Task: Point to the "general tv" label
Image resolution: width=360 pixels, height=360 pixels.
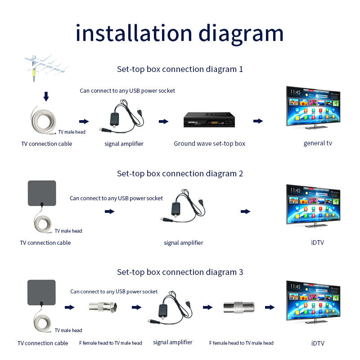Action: coord(318,143)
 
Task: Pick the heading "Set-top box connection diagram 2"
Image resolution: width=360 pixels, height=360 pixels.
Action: coord(180,173)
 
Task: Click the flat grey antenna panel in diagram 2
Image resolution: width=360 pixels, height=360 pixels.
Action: coord(42,193)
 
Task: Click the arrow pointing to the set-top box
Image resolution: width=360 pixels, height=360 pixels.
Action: coord(163,121)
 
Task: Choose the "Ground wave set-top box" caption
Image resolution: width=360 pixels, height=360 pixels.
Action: coord(210,144)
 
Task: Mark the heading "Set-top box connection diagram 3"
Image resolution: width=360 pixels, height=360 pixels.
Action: coord(180,272)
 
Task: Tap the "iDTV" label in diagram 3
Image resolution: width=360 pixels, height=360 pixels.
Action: coord(318,343)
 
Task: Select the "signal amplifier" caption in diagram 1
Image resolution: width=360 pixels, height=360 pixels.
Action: coord(124,144)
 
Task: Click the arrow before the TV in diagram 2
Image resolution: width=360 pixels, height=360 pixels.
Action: coord(245,211)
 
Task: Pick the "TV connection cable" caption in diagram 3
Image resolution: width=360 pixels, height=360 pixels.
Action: coord(43,343)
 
